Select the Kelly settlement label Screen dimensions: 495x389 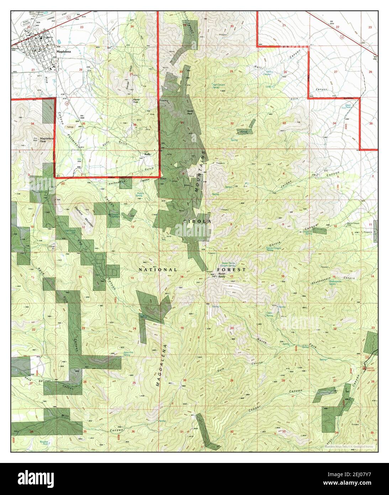147,154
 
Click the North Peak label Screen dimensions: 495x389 190,113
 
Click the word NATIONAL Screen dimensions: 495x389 158,270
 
